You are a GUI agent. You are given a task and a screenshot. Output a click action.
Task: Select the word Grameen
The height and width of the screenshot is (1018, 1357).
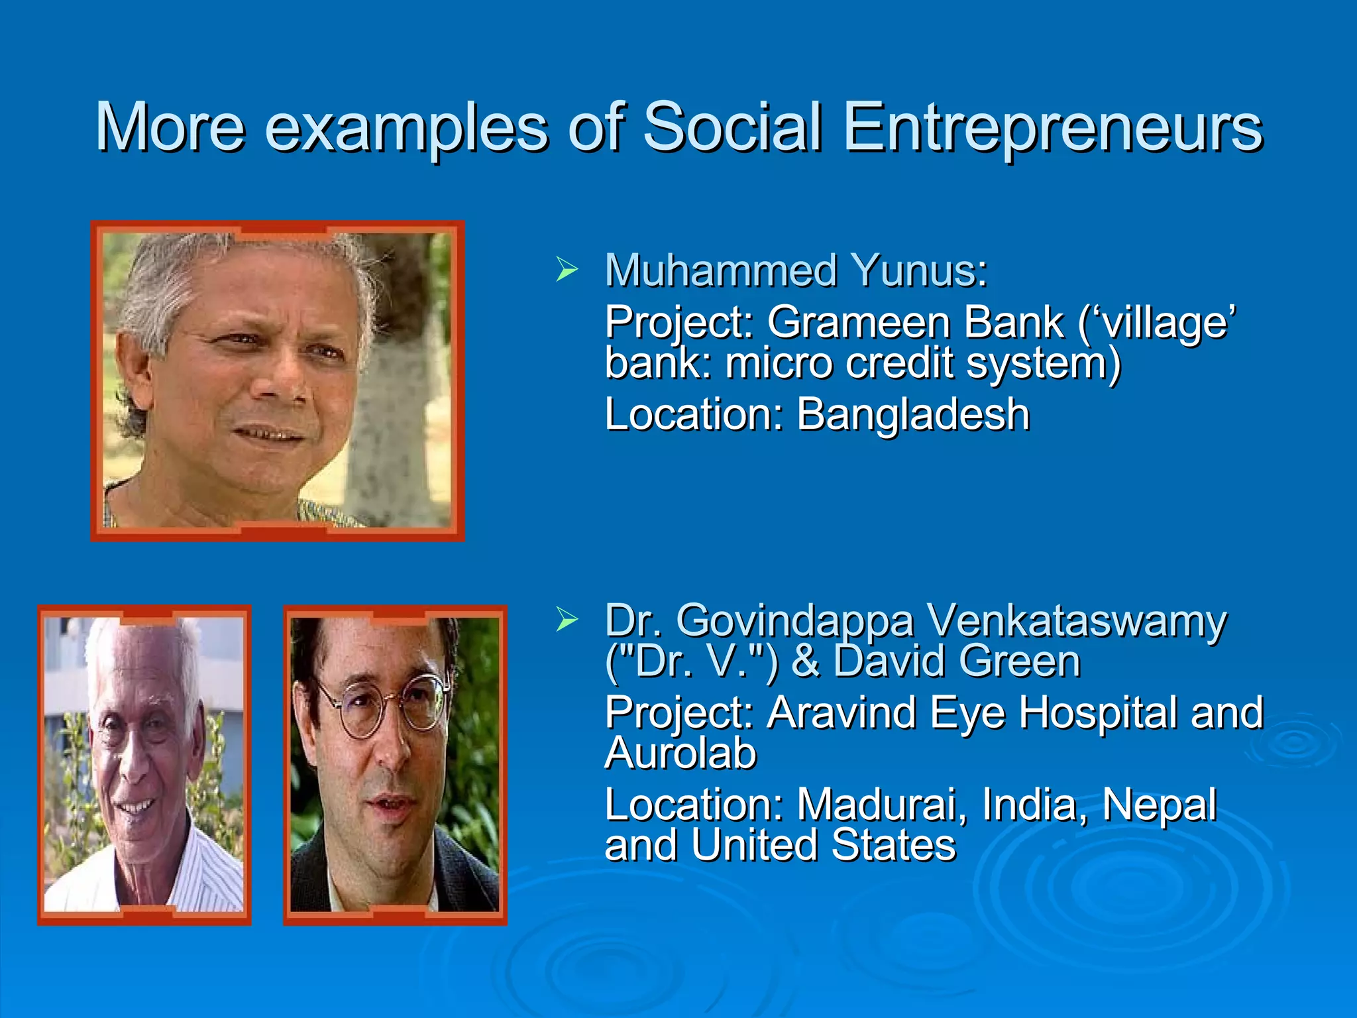click(x=858, y=323)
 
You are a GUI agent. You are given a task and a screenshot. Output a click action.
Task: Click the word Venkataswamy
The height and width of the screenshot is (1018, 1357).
click(x=1076, y=622)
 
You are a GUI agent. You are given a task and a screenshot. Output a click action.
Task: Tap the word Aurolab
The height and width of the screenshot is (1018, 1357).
click(x=680, y=754)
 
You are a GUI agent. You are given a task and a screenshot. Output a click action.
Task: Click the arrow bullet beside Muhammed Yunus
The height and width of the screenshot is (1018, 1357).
click(x=567, y=270)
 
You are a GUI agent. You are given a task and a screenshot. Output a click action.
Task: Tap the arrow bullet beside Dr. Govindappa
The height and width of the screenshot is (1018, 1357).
click(x=567, y=620)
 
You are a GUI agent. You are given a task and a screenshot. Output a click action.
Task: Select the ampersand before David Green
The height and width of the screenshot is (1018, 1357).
click(x=805, y=661)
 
